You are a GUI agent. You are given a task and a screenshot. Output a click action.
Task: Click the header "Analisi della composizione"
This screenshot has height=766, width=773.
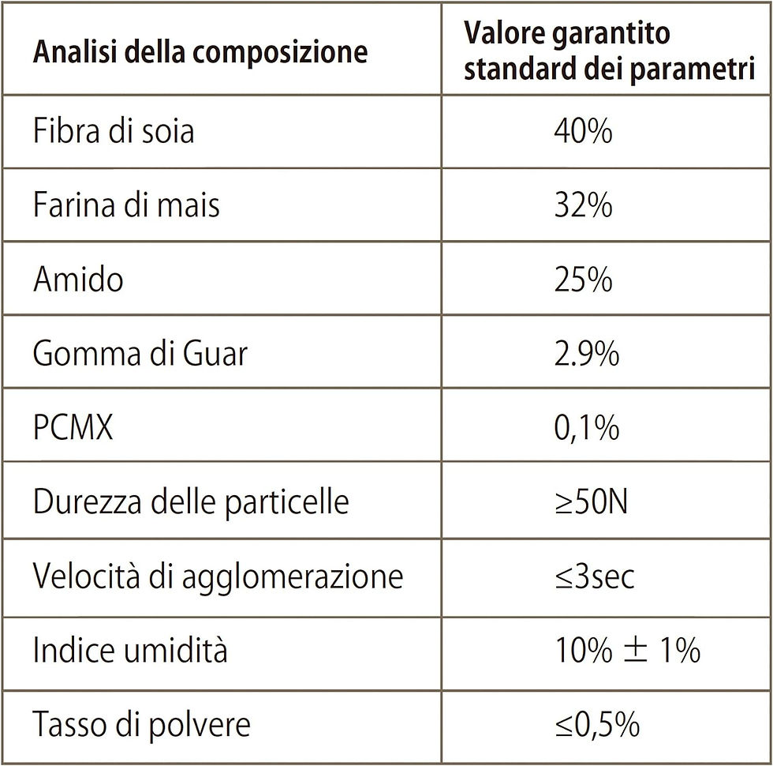click(200, 52)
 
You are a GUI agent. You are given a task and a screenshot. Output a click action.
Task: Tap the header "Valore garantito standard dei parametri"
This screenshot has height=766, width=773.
click(609, 51)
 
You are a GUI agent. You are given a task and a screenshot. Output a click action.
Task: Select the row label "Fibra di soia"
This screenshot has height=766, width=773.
click(114, 130)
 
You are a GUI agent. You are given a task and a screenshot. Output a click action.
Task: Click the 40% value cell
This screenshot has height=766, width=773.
click(583, 131)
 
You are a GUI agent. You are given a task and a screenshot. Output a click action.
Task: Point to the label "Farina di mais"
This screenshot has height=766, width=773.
click(126, 205)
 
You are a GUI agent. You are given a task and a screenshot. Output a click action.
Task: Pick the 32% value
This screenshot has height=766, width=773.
click(583, 205)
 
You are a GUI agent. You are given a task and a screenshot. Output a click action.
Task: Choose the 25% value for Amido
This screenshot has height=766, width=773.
click(583, 280)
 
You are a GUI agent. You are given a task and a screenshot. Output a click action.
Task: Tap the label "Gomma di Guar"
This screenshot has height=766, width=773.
click(140, 353)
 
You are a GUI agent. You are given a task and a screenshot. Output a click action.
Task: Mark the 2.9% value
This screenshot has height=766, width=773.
click(587, 354)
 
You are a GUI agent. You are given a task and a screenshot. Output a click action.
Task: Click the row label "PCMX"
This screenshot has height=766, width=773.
click(73, 427)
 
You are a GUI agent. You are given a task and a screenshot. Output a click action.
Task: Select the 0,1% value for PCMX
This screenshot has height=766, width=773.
click(587, 427)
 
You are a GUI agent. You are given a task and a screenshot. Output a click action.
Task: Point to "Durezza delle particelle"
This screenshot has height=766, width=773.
click(191, 502)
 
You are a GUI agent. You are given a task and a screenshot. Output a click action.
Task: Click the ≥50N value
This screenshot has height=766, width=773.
click(591, 502)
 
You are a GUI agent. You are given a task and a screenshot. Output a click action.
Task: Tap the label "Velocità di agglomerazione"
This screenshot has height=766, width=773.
click(218, 576)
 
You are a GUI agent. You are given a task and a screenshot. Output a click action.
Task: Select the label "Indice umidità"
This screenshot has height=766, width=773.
click(130, 649)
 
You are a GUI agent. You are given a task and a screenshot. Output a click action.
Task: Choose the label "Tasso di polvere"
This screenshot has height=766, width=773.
click(141, 725)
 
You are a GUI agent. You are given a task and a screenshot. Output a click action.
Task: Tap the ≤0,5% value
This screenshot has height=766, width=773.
click(597, 725)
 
